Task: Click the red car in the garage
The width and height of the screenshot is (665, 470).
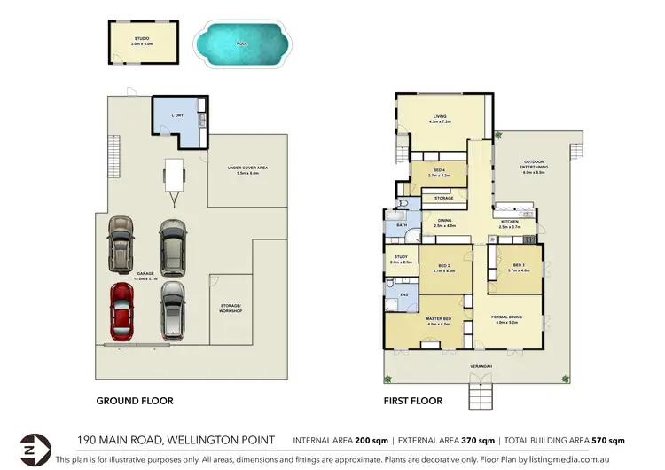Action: pos(121,311)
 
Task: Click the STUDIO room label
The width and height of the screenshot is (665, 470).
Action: pos(142,40)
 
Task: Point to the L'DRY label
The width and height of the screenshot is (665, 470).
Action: pos(177,115)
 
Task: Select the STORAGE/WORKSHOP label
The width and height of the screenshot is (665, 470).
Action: pos(231,309)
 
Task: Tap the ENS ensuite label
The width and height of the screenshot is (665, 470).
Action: pos(405,294)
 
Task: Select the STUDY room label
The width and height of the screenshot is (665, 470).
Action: pos(400,259)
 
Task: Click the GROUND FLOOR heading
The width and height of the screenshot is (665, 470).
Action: pos(134,401)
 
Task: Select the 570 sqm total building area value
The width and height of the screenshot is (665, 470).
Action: pos(611,440)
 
